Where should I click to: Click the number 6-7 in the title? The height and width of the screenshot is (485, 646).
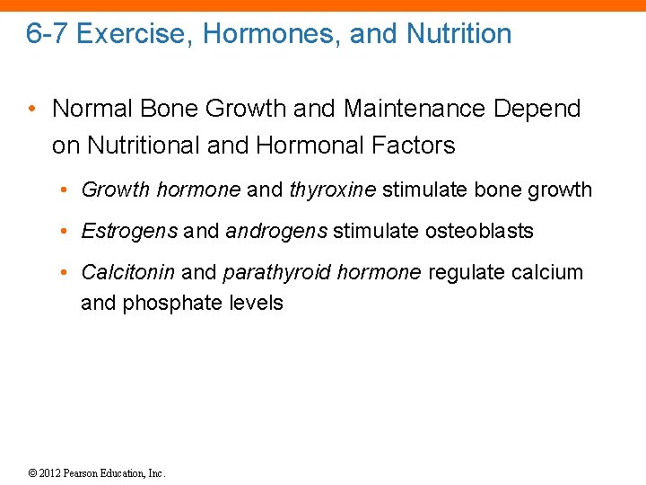click(48, 34)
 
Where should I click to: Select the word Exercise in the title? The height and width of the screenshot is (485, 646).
click(132, 34)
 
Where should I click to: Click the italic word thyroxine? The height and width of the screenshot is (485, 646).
click(332, 190)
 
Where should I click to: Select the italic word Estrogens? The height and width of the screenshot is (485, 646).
click(129, 231)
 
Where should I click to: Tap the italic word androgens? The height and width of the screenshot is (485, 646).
click(276, 231)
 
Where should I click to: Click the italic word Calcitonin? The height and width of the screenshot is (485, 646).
click(128, 272)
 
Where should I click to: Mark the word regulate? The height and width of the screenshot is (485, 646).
click(464, 272)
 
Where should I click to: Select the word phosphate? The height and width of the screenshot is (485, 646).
click(165, 304)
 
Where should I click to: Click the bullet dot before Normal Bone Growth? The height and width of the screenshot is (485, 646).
click(32, 110)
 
